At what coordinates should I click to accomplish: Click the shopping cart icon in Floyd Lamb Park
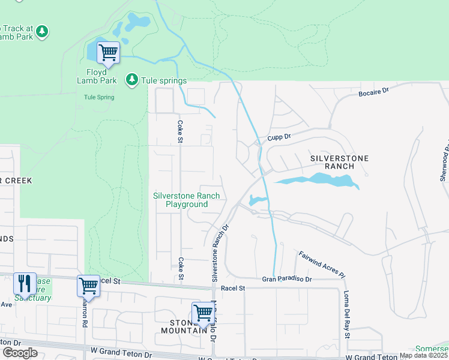point(108,52)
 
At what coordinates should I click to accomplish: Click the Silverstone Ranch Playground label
point(186,200)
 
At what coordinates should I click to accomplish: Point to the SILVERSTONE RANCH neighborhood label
point(339,162)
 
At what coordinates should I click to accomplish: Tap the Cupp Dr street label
point(279,137)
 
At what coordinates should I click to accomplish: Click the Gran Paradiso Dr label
point(287,279)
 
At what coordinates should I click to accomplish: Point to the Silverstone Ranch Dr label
point(219,253)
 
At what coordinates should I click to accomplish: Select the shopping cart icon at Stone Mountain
point(203,313)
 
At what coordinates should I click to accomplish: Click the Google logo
point(19,353)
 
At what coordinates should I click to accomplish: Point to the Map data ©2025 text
point(423,355)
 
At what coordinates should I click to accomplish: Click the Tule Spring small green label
point(99,97)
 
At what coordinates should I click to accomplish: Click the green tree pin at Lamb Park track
point(41,31)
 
